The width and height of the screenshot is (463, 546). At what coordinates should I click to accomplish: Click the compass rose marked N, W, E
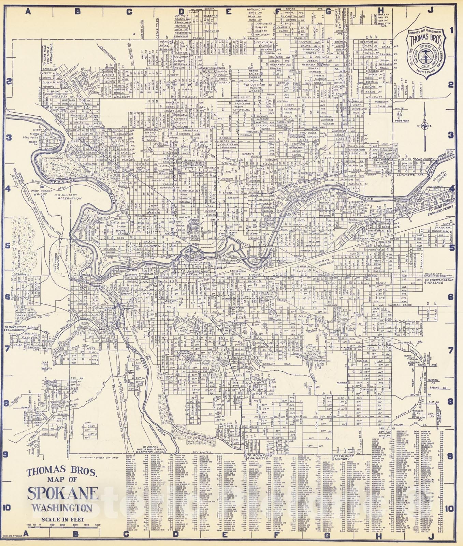425,126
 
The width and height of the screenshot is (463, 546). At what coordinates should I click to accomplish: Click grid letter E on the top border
228,12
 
